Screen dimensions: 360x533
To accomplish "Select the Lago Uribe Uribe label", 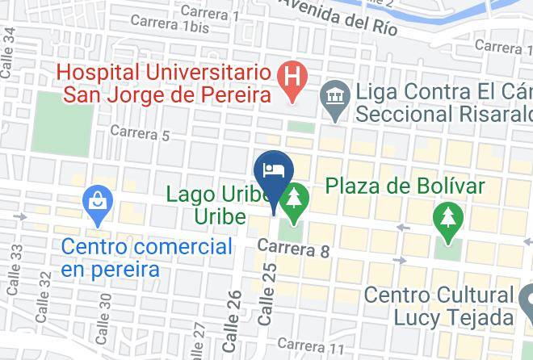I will pyautogui.click(x=219, y=206).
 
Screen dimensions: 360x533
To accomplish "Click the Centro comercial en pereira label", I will pyautogui.click(x=147, y=257).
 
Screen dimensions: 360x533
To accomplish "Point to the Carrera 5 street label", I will pyautogui.click(x=140, y=132).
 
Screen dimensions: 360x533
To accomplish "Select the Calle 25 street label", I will pyautogui.click(x=267, y=294).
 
